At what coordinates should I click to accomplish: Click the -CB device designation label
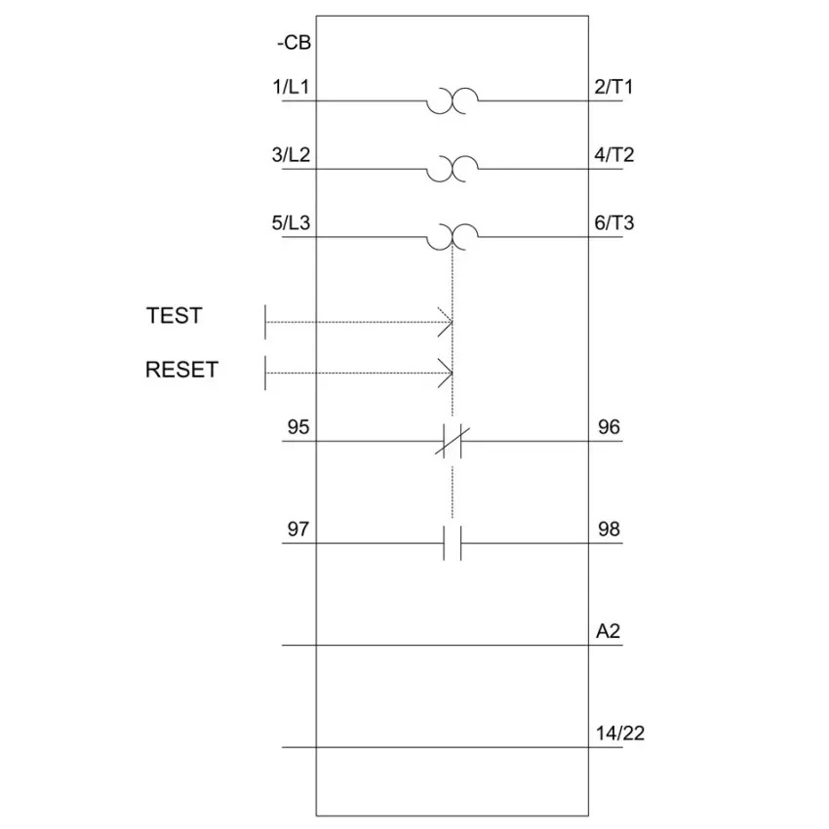(294, 43)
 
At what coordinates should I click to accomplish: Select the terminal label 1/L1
(291, 87)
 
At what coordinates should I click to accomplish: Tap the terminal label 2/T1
(613, 87)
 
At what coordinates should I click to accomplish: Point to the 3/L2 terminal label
(291, 155)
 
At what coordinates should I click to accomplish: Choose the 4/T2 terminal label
(613, 155)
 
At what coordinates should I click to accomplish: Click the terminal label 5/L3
(291, 223)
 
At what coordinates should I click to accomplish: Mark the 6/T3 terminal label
(613, 223)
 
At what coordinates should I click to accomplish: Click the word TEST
(174, 316)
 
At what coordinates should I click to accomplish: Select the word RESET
(181, 370)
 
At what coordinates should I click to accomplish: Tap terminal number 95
(298, 427)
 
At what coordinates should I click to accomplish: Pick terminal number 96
(609, 427)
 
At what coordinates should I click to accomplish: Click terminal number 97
(298, 530)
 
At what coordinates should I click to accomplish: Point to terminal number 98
(609, 530)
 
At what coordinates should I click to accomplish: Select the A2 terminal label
(608, 631)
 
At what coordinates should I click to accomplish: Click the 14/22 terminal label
(620, 733)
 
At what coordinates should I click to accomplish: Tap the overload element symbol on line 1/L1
(453, 100)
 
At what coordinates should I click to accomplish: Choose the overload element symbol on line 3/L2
(453, 169)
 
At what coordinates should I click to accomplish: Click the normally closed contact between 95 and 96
(453, 441)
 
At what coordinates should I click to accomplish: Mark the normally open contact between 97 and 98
(453, 543)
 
